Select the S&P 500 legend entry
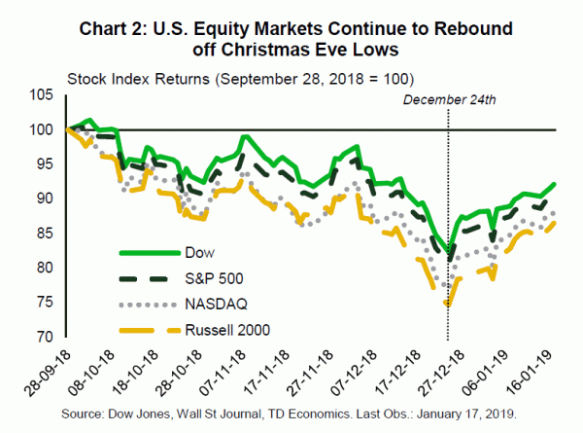coord(210,279)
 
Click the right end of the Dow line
coord(556,183)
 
